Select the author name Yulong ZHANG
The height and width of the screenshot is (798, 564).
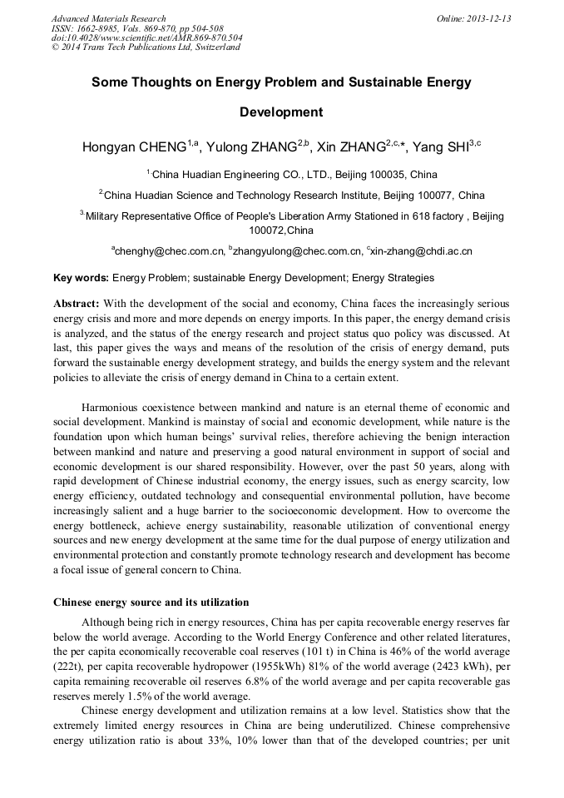click(250, 148)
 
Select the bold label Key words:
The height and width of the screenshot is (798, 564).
click(81, 278)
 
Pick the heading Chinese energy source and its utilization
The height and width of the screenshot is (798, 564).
click(151, 602)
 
